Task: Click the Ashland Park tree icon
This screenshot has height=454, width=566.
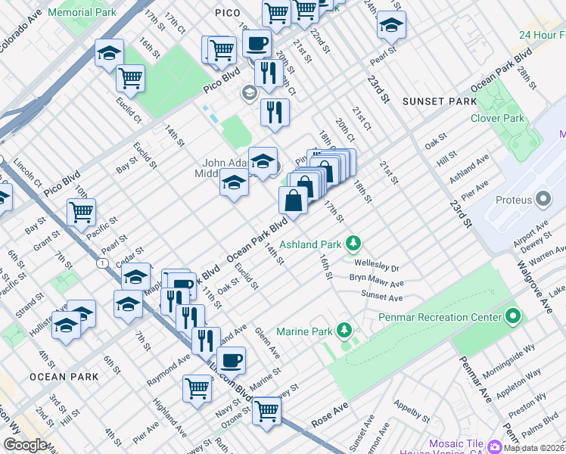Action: coord(352,244)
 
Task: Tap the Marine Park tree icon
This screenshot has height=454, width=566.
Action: coord(344,330)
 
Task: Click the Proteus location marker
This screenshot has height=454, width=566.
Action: coord(543,199)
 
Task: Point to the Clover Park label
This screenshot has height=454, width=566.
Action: coord(497,118)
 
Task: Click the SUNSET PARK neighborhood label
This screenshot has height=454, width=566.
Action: coord(439,101)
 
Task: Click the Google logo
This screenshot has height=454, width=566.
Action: coord(25,445)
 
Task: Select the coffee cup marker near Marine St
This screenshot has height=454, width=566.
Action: coord(231,360)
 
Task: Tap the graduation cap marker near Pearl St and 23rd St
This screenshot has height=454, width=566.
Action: coord(390,25)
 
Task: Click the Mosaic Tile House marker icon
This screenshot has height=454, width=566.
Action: coord(496,446)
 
